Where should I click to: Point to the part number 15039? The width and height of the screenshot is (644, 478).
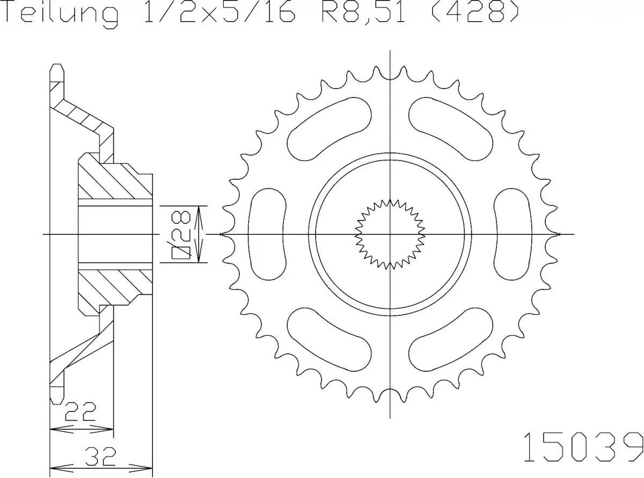[582, 445]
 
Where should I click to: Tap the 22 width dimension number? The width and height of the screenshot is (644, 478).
[80, 412]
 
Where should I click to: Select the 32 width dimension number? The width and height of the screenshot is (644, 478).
[100, 457]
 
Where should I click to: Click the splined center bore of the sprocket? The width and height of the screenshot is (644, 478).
[390, 234]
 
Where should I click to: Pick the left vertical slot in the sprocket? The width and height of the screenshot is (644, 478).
[268, 234]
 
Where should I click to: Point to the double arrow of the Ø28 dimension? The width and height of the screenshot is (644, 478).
[200, 234]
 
